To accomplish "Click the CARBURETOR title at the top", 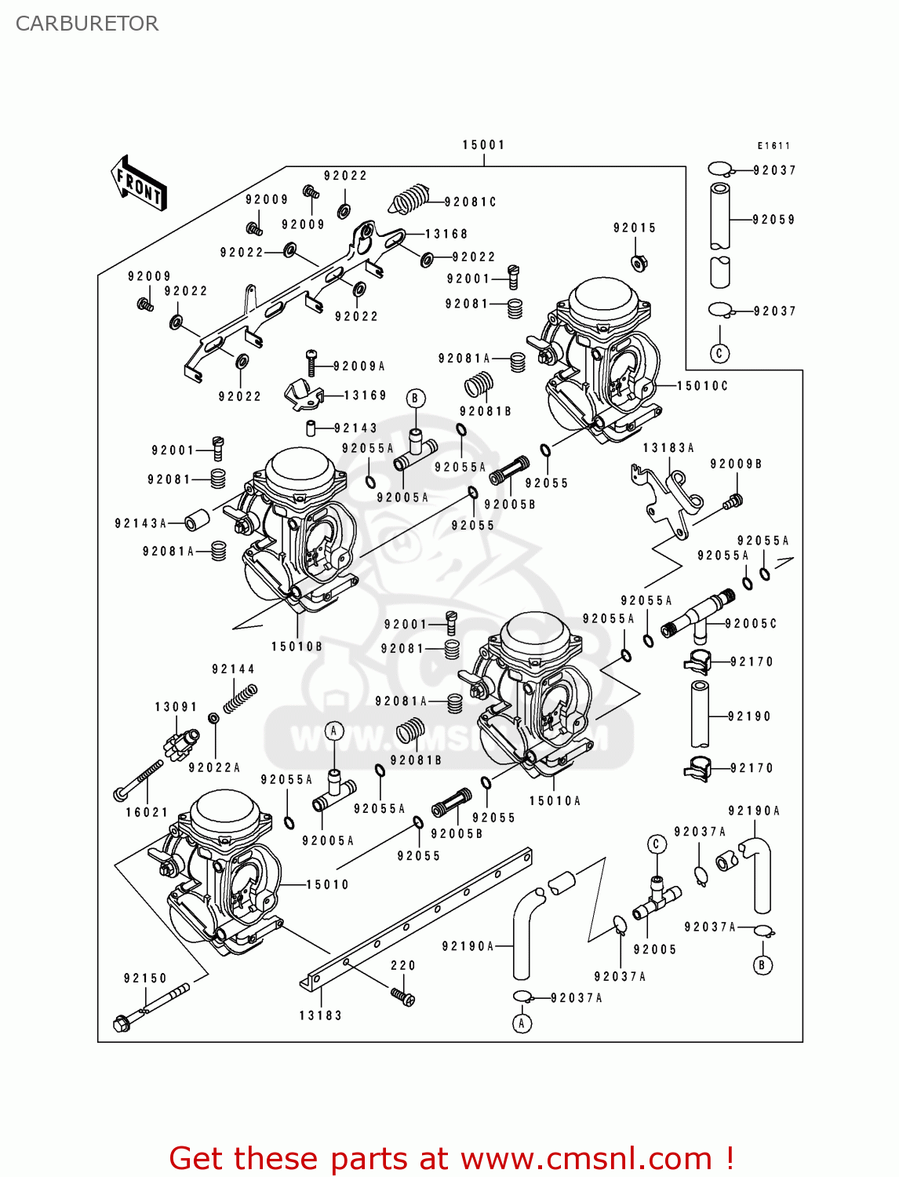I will click(x=87, y=24).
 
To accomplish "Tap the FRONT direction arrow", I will click(x=139, y=184).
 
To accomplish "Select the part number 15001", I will click(x=483, y=144).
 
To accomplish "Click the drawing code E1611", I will click(x=773, y=145).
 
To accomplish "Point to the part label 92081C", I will click(x=470, y=202).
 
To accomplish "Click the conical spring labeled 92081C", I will click(x=410, y=199).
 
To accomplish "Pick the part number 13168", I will click(x=446, y=234).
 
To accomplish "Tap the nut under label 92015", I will click(x=639, y=262).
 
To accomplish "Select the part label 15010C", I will click(x=702, y=385).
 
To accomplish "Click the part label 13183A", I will click(x=668, y=447).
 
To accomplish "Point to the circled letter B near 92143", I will click(x=416, y=399).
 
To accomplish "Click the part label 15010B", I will click(x=297, y=646).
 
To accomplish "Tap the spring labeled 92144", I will click(x=240, y=698).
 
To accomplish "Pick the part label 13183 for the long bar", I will click(x=320, y=1015).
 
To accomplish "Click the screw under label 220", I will click(x=403, y=997).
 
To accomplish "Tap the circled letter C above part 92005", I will click(x=657, y=844).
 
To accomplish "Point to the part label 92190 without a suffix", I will click(x=749, y=716).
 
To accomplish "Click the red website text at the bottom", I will click(x=451, y=1158).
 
